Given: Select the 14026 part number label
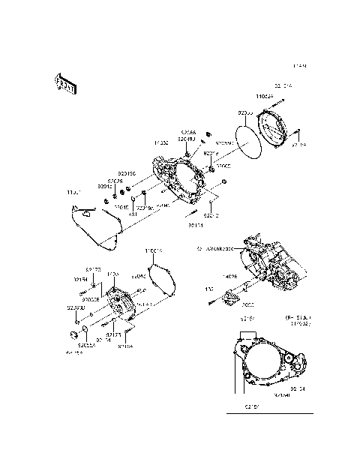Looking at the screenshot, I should click(x=231, y=276).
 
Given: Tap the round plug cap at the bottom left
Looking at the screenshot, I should click(x=74, y=334).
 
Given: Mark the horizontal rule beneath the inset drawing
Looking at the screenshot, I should click(x=269, y=414).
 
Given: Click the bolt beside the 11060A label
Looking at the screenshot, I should click(x=282, y=102).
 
